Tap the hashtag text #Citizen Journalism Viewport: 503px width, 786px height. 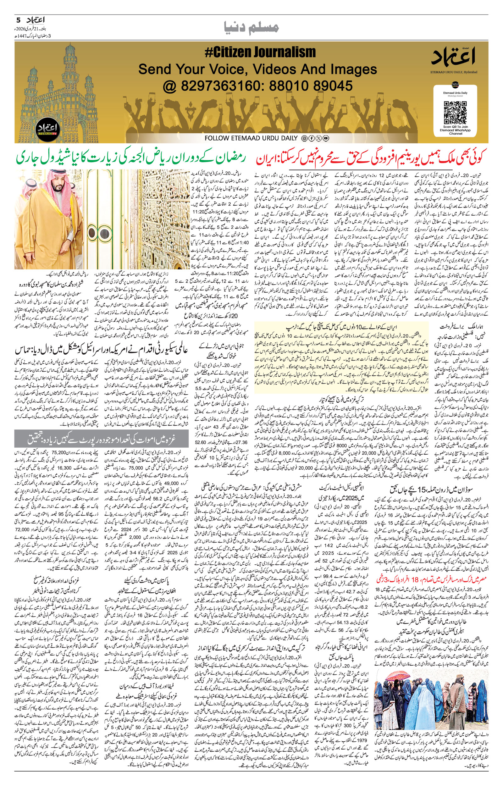(260, 52)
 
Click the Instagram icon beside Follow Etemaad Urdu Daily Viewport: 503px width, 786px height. (304, 138)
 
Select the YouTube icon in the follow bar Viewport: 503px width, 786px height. (326, 138)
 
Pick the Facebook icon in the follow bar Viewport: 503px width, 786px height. (311, 138)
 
